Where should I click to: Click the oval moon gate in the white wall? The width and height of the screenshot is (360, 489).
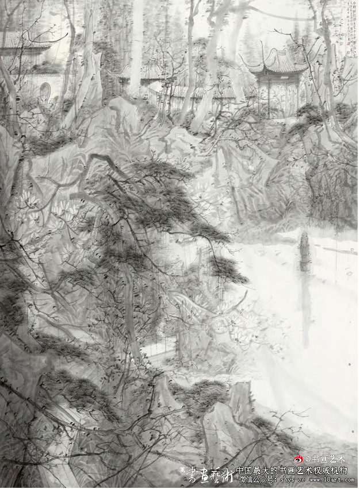[44, 91]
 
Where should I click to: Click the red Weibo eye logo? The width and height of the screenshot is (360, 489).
[298, 459]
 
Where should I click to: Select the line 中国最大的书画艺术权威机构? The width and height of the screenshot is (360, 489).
[292, 469]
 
